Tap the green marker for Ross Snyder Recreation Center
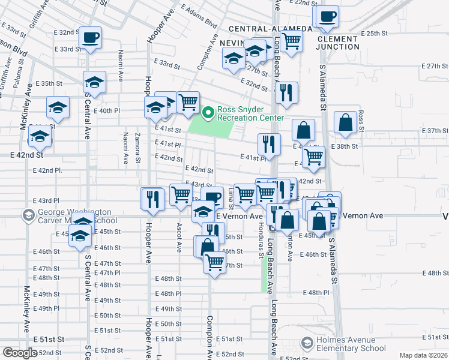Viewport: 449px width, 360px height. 208,112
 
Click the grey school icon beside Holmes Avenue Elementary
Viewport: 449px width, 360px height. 307,343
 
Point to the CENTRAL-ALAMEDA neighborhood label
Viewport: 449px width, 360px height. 270,28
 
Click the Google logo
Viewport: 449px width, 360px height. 20,353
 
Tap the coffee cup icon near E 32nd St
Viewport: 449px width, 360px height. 90,37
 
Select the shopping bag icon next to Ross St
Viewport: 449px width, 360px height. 346,122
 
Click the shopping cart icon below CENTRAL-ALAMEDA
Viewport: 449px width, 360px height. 292,41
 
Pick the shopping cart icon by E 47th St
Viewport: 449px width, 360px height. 215,261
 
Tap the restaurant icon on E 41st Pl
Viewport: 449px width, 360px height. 268,143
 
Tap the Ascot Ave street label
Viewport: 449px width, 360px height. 179,237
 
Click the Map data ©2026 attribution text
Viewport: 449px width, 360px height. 424,355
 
